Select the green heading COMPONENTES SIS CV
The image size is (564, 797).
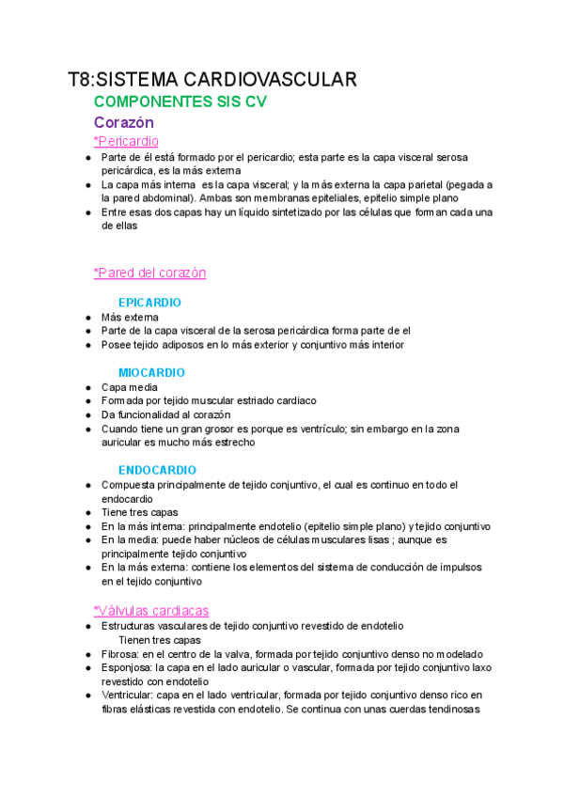click(180, 102)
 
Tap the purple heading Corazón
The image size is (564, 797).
click(124, 122)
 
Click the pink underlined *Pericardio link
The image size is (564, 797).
click(126, 141)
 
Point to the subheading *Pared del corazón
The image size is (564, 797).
click(149, 273)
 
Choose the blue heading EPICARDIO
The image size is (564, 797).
click(149, 303)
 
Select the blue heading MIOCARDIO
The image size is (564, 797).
click(151, 372)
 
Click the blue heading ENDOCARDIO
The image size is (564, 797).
click(157, 470)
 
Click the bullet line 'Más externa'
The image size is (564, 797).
click(130, 318)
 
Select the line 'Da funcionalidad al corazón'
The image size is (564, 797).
click(165, 414)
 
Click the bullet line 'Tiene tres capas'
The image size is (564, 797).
click(139, 512)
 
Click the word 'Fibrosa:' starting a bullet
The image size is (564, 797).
click(119, 654)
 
